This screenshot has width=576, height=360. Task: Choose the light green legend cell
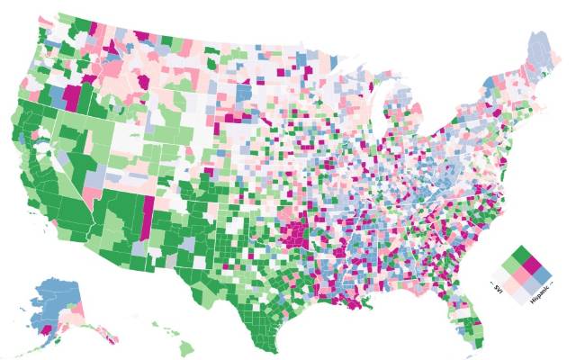511,265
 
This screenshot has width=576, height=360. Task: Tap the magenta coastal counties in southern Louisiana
360,306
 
